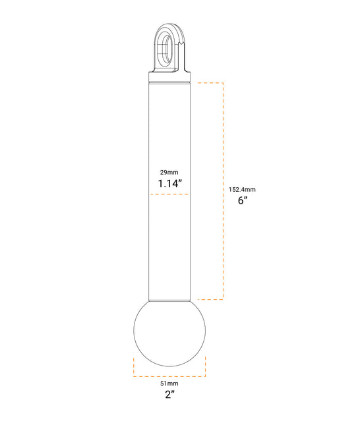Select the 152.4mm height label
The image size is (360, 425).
pos(242,189)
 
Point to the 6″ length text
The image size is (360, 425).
pos(242,201)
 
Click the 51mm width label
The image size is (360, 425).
pos(169,383)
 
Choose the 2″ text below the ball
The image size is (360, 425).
pos(169,395)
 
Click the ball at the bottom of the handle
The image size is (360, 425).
pos(169,333)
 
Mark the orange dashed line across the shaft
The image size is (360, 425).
pos(169,194)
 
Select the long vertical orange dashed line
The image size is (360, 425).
pos(224,191)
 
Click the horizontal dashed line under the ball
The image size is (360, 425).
pos(169,376)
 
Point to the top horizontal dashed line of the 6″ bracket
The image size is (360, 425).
pos(208,82)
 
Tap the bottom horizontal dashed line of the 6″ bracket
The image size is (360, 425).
pos(208,300)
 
